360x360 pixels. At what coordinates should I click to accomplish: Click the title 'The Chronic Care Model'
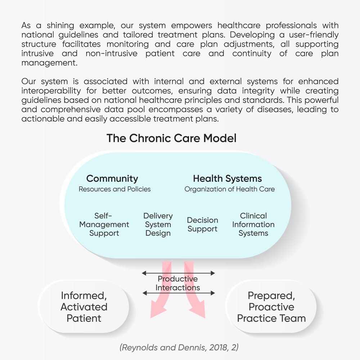coord(171,138)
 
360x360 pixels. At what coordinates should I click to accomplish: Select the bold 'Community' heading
coord(112,179)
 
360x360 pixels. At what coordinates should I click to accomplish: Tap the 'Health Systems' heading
coord(227,179)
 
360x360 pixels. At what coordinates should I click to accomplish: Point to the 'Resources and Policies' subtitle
coord(114,189)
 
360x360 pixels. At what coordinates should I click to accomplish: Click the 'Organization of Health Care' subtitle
coord(230,189)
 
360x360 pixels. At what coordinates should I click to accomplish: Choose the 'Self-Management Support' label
coord(104,224)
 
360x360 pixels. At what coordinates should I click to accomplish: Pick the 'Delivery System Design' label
coord(158,224)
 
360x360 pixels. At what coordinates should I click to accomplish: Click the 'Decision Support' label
coord(202,225)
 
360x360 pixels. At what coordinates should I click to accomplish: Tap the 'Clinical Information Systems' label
coord(253,224)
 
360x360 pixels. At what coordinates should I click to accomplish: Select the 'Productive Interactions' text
coord(178,283)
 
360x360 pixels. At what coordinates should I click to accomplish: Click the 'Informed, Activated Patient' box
coord(84,307)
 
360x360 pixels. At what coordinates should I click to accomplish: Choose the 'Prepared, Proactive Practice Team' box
coord(271,307)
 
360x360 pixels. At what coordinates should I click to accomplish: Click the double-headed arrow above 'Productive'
coord(179,273)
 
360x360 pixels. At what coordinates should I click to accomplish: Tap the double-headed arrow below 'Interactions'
coord(179,293)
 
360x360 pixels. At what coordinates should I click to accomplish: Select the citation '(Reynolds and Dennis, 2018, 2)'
coord(179,347)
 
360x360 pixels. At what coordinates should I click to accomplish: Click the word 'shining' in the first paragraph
coord(60,26)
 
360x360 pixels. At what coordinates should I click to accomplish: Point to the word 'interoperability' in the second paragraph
coord(51,91)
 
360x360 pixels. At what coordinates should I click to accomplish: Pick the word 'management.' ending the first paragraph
coord(49,63)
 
